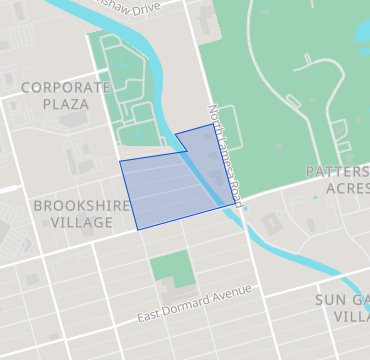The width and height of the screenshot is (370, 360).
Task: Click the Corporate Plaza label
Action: pyautogui.click(x=65, y=95)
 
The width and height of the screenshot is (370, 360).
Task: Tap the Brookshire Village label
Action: pyautogui.click(x=81, y=214)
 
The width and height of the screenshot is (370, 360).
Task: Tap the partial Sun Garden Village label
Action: pyautogui.click(x=344, y=307)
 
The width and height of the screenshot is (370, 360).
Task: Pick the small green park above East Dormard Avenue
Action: pyautogui.click(x=170, y=268)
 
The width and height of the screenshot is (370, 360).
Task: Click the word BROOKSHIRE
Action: pyautogui.click(x=82, y=205)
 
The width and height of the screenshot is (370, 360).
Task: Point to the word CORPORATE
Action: pyautogui.click(x=65, y=87)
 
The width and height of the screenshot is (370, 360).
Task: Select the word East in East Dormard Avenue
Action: pyautogui.click(x=150, y=316)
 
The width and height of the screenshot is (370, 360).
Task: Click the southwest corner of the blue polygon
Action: pyautogui.click(x=139, y=229)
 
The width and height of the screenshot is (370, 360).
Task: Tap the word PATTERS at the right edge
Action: pyautogui.click(x=338, y=172)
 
